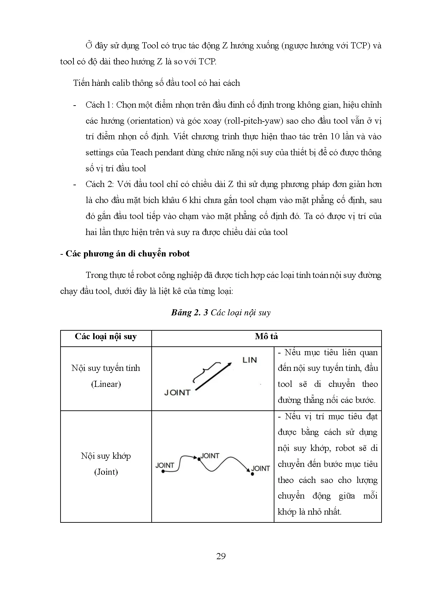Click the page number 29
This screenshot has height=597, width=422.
[221, 556]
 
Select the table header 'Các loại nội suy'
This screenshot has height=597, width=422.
[106, 336]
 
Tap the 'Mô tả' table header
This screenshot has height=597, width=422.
[266, 336]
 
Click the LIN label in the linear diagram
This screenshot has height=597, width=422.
[250, 360]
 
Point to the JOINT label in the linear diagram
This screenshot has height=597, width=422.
[177, 392]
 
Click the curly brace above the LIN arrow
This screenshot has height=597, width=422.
[203, 371]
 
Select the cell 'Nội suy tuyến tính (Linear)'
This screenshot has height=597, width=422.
[106, 376]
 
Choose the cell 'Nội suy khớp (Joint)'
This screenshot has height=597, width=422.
[106, 464]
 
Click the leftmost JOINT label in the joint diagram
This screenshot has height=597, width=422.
[165, 465]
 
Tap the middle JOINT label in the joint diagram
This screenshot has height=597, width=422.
[210, 456]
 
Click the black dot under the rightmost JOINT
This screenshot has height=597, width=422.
[252, 474]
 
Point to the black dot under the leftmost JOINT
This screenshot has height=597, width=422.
[163, 471]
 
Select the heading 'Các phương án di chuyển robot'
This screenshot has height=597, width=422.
[128, 254]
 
